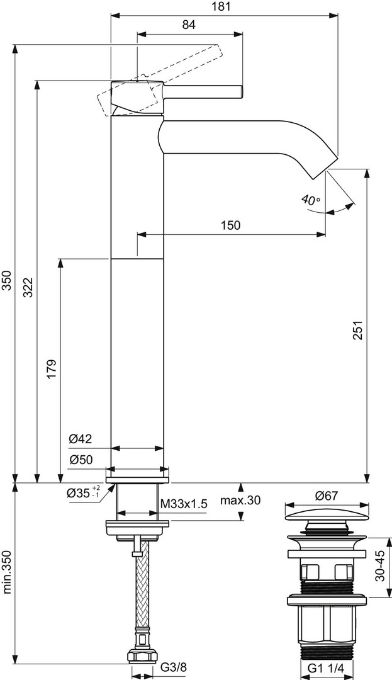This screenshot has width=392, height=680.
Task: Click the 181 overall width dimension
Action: [x=224, y=6]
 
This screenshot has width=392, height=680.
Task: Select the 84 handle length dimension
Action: [x=189, y=25]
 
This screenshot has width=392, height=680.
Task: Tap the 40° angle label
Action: [x=311, y=200]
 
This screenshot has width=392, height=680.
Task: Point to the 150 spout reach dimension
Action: [x=230, y=225]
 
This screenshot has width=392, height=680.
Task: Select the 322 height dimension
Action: [x=28, y=288]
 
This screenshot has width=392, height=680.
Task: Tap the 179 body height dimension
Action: [x=52, y=368]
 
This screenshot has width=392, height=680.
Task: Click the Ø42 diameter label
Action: [x=81, y=439]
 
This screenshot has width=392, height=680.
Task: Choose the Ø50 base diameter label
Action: [x=81, y=460]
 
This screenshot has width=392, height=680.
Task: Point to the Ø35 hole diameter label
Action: [x=83, y=492]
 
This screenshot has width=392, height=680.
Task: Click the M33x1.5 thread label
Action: [x=184, y=504]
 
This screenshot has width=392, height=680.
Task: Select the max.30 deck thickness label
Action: [x=240, y=501]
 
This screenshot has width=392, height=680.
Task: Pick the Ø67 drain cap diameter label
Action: [x=326, y=496]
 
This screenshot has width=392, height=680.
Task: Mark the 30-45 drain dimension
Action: [x=380, y=567]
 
